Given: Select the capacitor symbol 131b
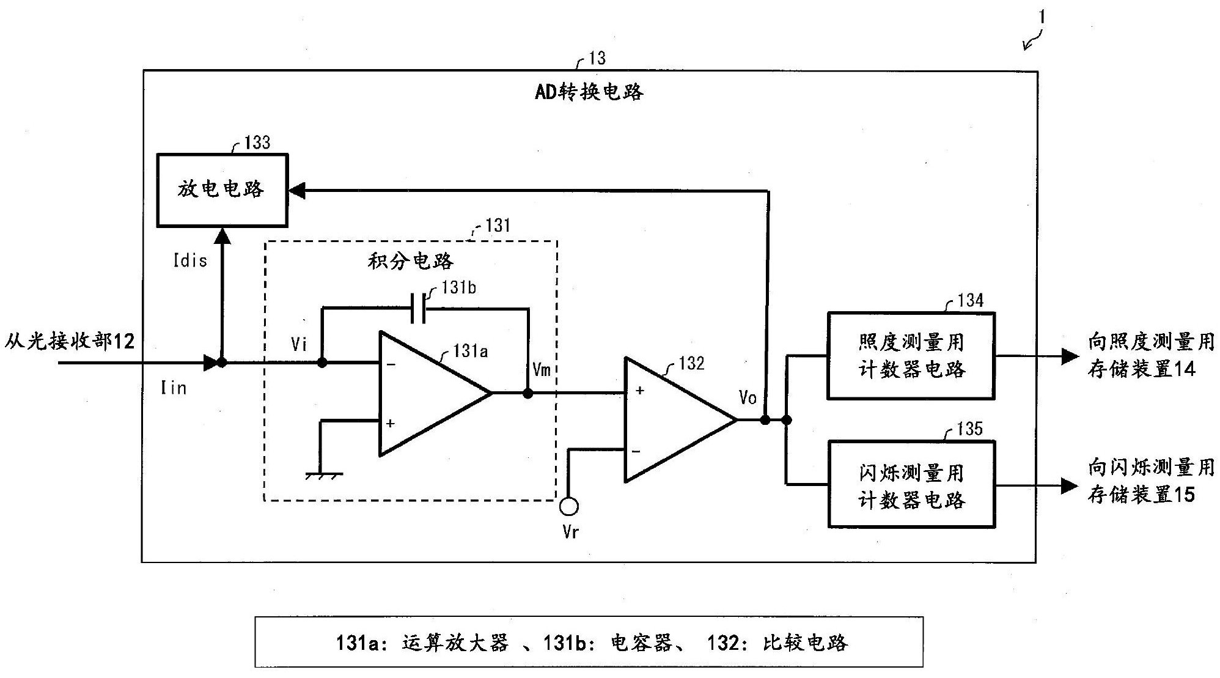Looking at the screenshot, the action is (419, 308).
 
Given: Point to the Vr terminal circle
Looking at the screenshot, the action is (569, 506).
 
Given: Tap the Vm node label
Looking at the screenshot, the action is (542, 369).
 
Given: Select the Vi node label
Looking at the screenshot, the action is (299, 344).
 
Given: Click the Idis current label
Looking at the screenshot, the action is (190, 260).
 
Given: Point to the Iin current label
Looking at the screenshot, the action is (174, 388).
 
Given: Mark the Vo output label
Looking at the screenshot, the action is (748, 397).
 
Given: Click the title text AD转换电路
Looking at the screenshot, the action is (589, 92).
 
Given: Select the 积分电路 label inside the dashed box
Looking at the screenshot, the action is (411, 261).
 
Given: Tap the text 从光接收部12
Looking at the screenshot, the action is (70, 341).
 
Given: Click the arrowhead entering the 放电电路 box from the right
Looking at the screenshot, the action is (296, 191).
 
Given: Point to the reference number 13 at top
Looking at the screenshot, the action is (597, 58).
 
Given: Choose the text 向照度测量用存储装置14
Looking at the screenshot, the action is (1150, 355).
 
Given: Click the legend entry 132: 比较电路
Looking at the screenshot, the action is (777, 643).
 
